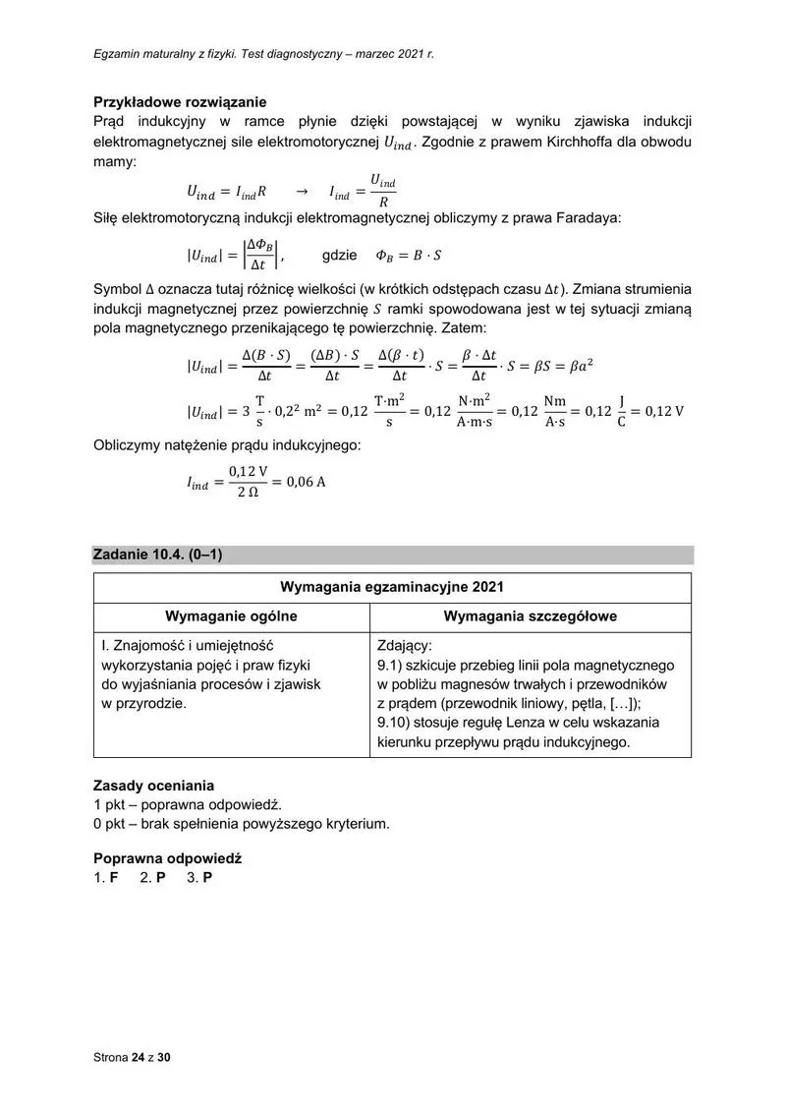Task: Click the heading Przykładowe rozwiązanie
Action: tap(180, 101)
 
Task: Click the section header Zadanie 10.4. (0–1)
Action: tap(158, 555)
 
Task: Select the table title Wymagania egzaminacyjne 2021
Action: tap(392, 587)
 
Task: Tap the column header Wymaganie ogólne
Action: tap(231, 616)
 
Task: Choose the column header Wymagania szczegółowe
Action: tap(531, 616)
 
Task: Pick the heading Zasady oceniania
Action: tap(153, 786)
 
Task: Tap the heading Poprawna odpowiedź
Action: tap(167, 857)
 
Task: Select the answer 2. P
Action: tap(152, 877)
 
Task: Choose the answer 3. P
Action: tap(199, 877)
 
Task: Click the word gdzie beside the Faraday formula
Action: tap(339, 256)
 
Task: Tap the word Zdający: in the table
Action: tap(404, 646)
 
